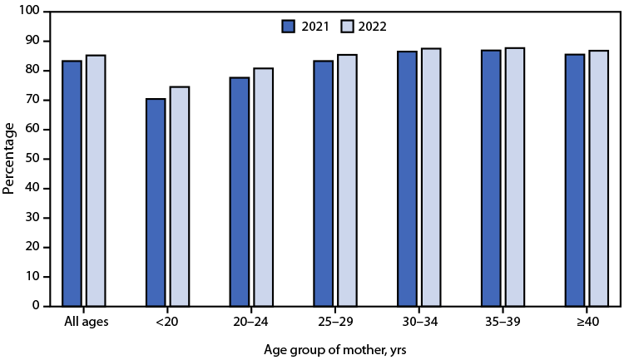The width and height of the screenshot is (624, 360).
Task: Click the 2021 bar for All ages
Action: click(72, 183)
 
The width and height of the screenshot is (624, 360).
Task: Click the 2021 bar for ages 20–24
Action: click(240, 191)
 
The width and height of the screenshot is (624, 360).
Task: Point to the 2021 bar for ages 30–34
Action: click(407, 179)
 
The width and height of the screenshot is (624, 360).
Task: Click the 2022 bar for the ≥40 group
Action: click(599, 178)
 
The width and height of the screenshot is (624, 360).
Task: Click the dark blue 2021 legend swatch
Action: click(290, 27)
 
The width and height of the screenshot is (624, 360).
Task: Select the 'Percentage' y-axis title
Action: click(9, 158)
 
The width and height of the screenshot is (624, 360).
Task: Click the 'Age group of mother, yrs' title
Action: click(335, 350)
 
